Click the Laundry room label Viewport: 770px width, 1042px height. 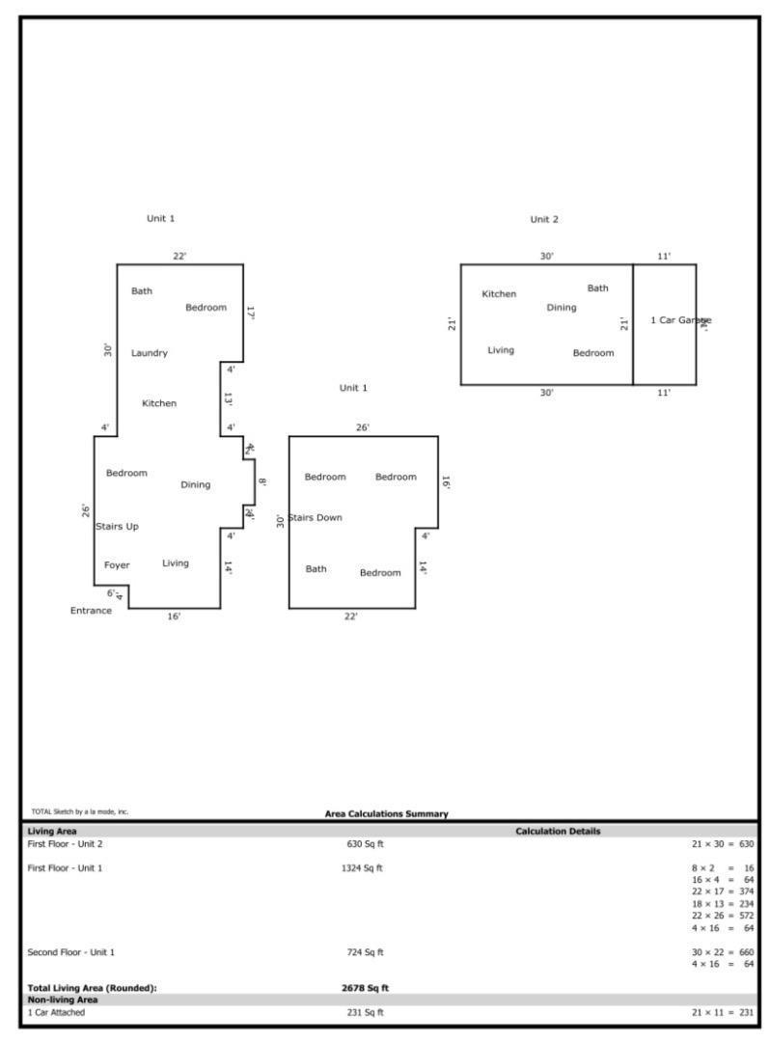coord(150,353)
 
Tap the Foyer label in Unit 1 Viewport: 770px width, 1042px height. coord(117,565)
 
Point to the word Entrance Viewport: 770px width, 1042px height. coord(91,611)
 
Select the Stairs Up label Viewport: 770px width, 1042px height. coord(117,527)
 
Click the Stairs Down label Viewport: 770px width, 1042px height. coord(316,518)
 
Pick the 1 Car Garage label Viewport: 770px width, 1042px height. coord(680,320)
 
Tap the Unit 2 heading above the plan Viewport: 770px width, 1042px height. coord(544,220)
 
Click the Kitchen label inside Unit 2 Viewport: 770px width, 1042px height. coord(499,294)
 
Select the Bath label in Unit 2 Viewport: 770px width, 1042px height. coord(598,288)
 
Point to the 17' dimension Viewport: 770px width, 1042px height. coord(250,314)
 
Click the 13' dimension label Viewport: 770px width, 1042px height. coord(229,398)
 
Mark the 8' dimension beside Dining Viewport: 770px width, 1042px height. coord(261,482)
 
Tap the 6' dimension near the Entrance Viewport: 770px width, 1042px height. coord(111,593)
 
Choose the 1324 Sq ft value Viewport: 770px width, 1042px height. coord(362,868)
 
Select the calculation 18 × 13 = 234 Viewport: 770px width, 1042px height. coord(723,904)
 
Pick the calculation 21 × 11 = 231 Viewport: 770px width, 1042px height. coord(723,1013)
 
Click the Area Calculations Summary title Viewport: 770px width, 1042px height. coord(386,814)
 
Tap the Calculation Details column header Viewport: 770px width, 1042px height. coord(558,832)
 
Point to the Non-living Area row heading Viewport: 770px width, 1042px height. coord(62,1001)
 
